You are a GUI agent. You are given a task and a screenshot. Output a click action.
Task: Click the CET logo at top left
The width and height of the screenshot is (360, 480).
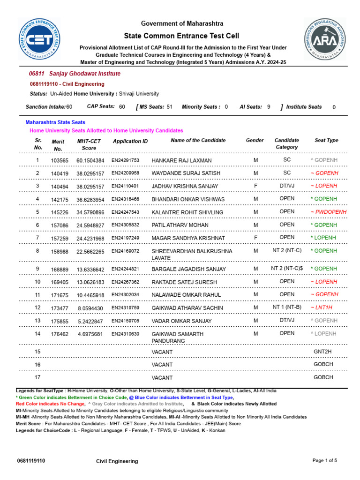[40, 39]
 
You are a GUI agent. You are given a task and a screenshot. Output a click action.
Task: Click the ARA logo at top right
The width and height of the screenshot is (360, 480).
[325, 39]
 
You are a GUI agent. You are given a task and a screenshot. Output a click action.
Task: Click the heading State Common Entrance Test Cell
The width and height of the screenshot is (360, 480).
[181, 36]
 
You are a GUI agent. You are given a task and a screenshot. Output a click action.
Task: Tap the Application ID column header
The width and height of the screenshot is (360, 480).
[130, 141]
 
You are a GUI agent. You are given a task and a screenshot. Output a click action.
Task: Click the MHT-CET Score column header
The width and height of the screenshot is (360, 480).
[89, 144]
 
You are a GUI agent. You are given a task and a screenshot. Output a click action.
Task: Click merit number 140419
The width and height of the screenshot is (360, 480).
[60, 173]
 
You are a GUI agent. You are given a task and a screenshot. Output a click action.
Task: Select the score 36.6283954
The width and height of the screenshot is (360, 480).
[90, 199]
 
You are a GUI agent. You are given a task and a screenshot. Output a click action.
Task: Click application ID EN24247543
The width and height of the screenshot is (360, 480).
[125, 212]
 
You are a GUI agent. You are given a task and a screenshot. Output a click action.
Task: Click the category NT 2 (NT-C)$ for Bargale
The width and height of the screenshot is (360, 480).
[287, 269]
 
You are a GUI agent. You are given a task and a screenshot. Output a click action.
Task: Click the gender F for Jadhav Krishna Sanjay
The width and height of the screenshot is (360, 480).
[256, 186]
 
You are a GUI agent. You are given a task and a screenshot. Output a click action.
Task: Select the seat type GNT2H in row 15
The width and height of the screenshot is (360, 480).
[323, 352]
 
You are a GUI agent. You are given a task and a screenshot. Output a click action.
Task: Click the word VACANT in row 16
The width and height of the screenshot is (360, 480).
[162, 365]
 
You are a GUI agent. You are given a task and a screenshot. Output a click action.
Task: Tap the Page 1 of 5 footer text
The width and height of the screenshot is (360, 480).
[325, 461]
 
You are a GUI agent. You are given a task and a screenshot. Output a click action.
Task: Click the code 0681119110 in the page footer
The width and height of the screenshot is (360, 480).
[31, 461]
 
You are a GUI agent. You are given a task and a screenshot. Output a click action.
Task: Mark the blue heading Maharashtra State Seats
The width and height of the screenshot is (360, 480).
[55, 122]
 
